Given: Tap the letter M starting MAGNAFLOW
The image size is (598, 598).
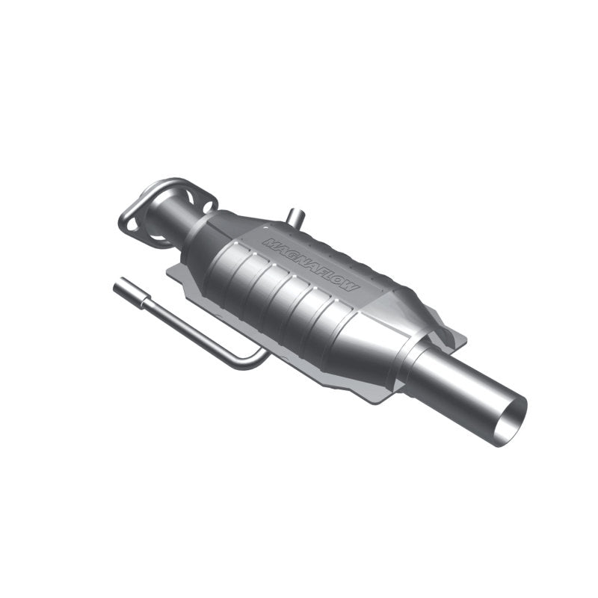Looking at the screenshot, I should [268, 241].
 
